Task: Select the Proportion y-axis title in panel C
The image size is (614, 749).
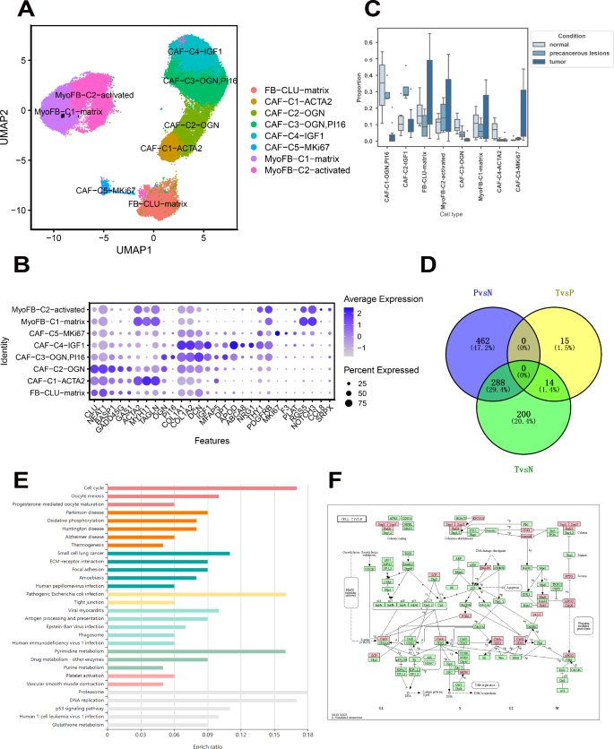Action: [359, 91]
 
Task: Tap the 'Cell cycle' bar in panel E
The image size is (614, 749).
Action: [203, 488]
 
